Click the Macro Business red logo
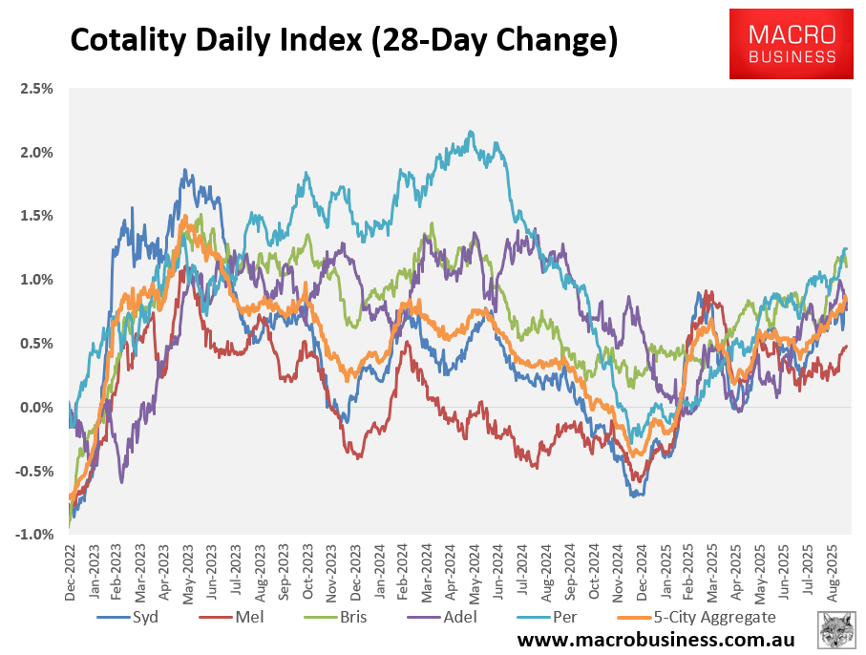coord(792,44)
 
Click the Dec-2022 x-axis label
coord(71,573)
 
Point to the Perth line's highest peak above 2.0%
coord(471,133)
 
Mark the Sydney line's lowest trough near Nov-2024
coord(634,495)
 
